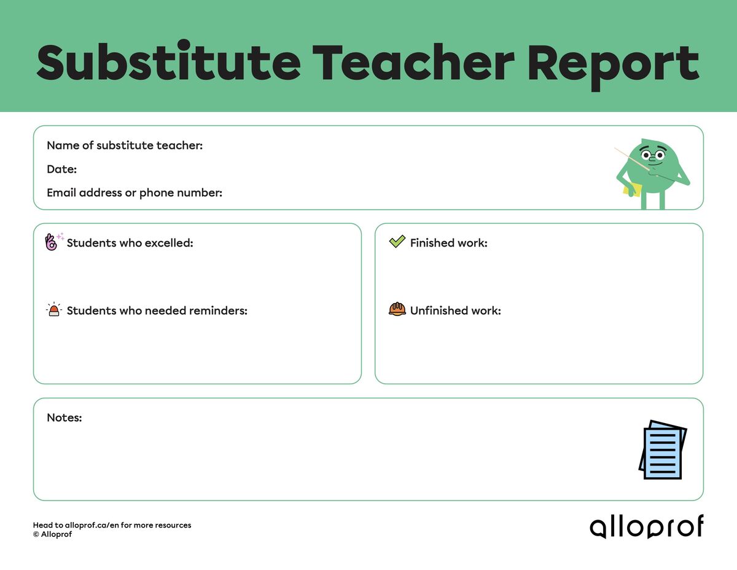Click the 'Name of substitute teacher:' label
(125, 146)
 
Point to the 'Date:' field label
(61, 169)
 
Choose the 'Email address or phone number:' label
(135, 193)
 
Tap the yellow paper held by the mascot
(633, 189)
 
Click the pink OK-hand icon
(52, 242)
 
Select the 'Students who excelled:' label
(130, 243)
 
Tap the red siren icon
(54, 310)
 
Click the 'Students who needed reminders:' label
(157, 311)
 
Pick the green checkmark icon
(397, 242)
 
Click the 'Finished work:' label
(448, 243)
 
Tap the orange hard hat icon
(397, 309)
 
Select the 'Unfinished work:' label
(455, 311)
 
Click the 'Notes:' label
(64, 418)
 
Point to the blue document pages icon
(662, 450)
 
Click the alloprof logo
(646, 527)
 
